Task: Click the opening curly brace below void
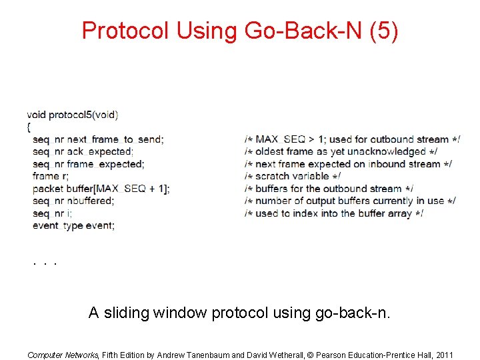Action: (x=29, y=127)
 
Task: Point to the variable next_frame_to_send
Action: (x=115, y=139)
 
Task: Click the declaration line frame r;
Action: (x=51, y=176)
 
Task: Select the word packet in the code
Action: (x=47, y=189)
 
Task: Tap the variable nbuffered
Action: (x=91, y=201)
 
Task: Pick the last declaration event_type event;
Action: (x=73, y=225)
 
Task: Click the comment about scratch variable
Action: (x=293, y=176)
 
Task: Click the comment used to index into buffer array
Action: (x=334, y=213)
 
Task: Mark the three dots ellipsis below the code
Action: (x=44, y=263)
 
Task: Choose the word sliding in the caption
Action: (x=125, y=312)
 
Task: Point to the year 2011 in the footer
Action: (x=443, y=355)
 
